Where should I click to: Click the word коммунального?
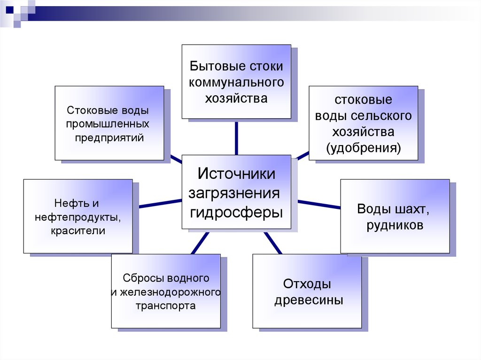coord(236,82)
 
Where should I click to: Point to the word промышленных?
coord(108,124)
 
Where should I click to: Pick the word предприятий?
coord(109,138)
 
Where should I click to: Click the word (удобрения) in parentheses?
coord(364,148)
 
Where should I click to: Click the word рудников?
coord(395,225)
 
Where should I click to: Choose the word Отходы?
coord(308,284)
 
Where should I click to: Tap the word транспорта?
coord(165,306)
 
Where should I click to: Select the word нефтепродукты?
coord(78,217)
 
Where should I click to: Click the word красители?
coord(78,231)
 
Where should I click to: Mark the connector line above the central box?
coord(236,138)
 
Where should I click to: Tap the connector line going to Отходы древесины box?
coord(272,242)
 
